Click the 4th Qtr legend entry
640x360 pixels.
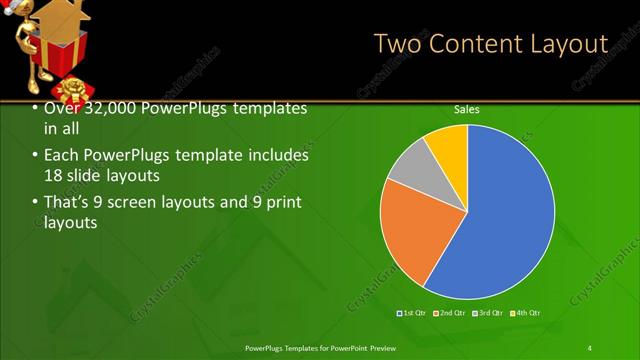(527, 314)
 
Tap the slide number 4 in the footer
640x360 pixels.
(589, 347)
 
